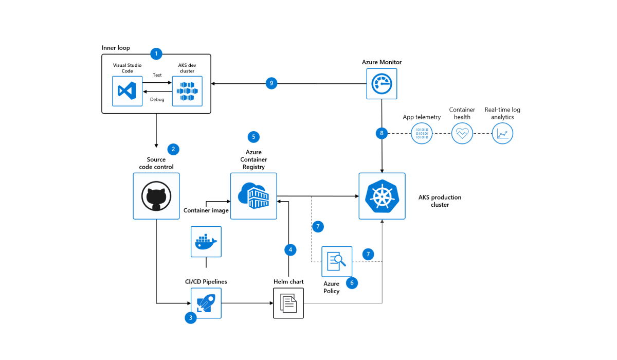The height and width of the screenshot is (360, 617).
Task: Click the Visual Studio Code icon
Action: [x=127, y=92]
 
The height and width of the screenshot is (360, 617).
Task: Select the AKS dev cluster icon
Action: [x=187, y=92]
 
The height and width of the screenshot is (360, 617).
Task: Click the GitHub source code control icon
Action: [x=156, y=196]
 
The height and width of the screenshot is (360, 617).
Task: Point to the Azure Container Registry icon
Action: [x=253, y=196]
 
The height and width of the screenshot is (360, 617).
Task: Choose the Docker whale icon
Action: [x=206, y=242]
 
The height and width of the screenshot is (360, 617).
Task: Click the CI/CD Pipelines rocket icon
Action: [x=206, y=303]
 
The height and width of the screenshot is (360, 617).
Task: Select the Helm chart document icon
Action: [x=288, y=303]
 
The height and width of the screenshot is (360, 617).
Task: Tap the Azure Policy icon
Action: [x=337, y=261]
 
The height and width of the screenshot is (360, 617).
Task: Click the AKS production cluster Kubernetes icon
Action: [x=382, y=196]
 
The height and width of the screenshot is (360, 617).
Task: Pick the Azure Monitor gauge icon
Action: [x=382, y=83]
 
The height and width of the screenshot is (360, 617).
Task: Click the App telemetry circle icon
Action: [x=422, y=134]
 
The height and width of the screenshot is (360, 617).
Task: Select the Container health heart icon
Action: [x=462, y=134]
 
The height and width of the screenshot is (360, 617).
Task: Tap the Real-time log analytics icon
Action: [x=502, y=134]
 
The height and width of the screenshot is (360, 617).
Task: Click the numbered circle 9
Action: [x=271, y=83]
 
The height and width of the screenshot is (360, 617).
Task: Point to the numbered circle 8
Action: [x=381, y=134]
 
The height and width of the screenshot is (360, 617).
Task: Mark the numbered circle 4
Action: [x=290, y=250]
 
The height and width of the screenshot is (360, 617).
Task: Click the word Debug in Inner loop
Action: [x=157, y=100]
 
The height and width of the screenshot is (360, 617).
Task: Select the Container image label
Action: [x=206, y=210]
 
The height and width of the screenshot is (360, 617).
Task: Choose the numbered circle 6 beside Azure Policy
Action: [x=352, y=282]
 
